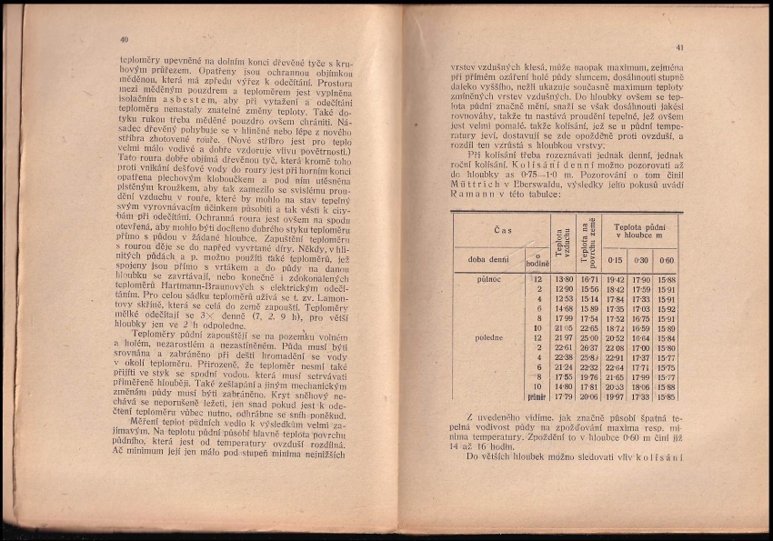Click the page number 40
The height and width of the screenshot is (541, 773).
tap(124, 40)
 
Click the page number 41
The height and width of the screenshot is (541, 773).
tap(678, 47)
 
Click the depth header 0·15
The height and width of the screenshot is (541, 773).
tap(615, 260)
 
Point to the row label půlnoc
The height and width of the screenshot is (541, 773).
tap(488, 279)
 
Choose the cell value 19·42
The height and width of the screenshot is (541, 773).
tap(616, 279)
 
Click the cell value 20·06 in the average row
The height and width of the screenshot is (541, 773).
tap(589, 396)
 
